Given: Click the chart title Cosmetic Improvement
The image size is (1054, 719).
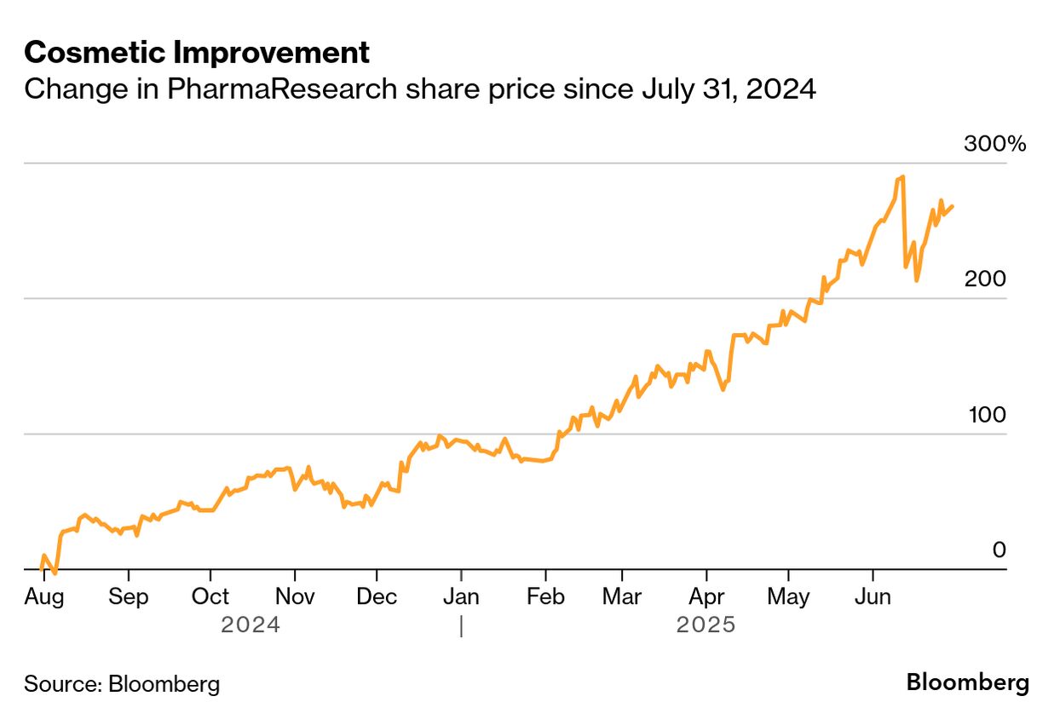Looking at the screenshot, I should [x=197, y=53].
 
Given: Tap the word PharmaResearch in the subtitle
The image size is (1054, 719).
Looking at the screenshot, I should [x=281, y=89].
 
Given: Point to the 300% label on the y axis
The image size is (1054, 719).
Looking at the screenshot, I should [x=994, y=144].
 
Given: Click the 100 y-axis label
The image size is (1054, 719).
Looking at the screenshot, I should [x=987, y=415].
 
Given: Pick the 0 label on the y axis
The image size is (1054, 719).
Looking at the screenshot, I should [x=999, y=550].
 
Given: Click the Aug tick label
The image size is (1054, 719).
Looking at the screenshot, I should [x=43, y=597].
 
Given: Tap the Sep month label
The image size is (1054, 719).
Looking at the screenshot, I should [x=128, y=597].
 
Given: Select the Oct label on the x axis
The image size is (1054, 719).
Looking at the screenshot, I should [x=210, y=597].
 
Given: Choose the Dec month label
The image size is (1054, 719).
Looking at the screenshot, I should [x=376, y=597].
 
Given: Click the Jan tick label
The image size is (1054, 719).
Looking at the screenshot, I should [x=460, y=597].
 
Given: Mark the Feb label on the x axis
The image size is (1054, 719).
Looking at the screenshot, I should [x=544, y=597].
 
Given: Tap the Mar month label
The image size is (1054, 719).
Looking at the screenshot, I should [x=622, y=597].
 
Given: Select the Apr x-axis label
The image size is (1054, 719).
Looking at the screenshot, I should [x=706, y=597].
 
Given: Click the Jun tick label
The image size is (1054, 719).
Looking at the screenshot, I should [x=873, y=597].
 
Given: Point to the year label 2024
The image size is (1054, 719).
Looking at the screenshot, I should [x=251, y=625].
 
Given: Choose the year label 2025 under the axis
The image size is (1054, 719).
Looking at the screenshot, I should [x=706, y=625].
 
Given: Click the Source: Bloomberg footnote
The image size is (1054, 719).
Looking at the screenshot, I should [x=122, y=683].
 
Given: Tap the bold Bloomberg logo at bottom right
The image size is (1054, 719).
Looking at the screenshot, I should [x=967, y=682].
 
